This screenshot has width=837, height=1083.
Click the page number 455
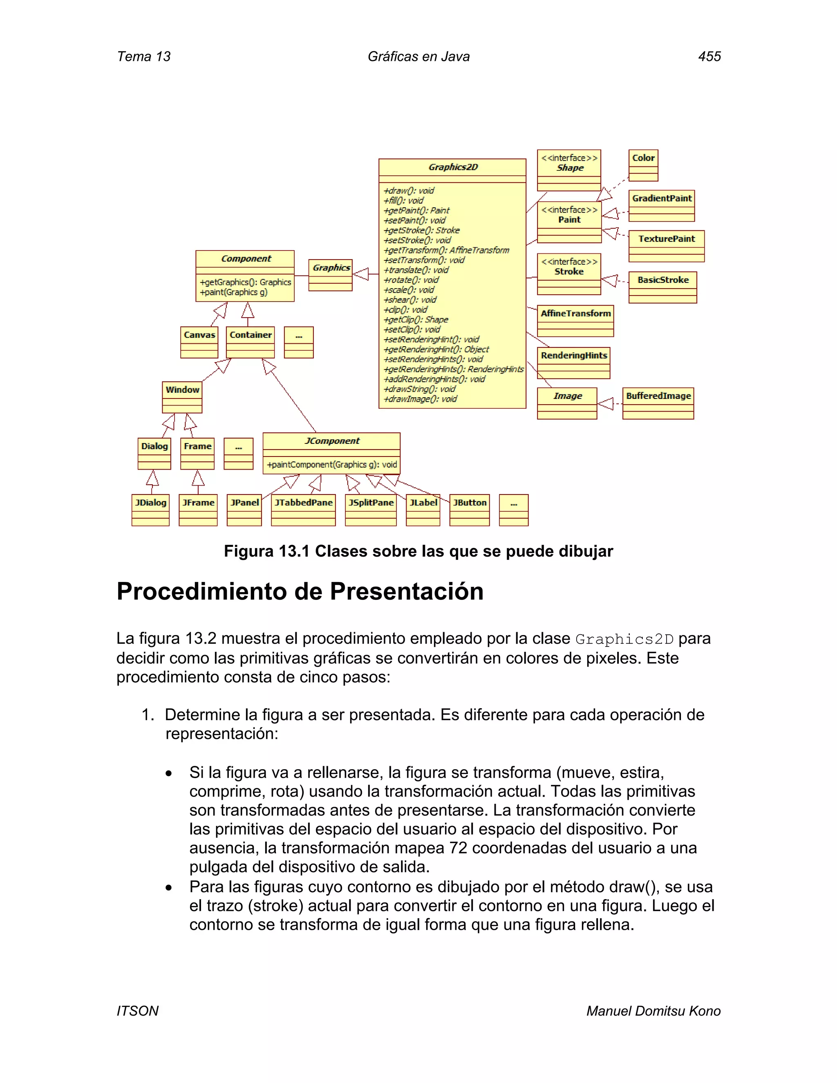(x=709, y=56)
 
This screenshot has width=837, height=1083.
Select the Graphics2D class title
(x=453, y=167)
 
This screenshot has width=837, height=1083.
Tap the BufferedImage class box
(x=658, y=403)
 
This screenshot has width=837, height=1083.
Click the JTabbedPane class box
(x=304, y=509)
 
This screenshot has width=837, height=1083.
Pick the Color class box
(x=643, y=165)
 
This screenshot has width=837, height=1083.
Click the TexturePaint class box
(x=666, y=246)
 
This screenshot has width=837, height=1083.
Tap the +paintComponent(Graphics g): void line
(x=332, y=465)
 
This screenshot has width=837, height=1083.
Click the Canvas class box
(x=199, y=342)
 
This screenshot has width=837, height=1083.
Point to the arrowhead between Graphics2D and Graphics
(x=361, y=274)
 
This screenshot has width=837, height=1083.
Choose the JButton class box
(x=470, y=509)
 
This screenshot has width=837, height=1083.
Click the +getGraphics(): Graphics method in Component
(x=246, y=282)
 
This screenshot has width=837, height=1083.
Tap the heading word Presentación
(x=406, y=592)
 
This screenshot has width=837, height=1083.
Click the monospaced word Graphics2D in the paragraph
(x=624, y=640)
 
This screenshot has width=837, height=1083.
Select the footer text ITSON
(x=137, y=1011)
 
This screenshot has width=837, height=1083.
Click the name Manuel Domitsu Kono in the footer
(x=653, y=1011)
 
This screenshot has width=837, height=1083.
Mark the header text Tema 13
(x=143, y=56)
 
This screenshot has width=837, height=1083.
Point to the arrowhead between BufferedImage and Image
(x=605, y=404)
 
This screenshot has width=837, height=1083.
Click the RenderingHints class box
(x=574, y=362)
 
